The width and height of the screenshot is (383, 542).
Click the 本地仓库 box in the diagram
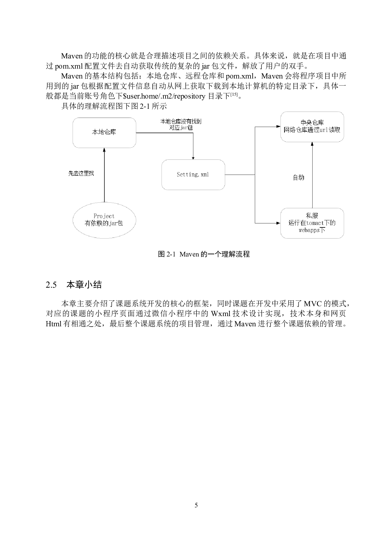tap(104, 133)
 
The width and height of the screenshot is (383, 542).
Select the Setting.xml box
tap(193, 175)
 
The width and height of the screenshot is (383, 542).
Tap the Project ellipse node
tap(104, 220)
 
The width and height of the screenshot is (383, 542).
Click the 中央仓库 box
tap(312, 127)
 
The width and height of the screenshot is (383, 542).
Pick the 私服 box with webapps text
tap(312, 223)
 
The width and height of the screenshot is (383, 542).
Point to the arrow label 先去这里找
tap(81, 173)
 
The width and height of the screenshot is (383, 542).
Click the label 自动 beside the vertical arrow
tap(299, 177)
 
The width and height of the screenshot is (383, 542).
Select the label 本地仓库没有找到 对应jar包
tap(181, 124)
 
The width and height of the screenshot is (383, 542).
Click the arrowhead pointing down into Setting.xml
tap(193, 158)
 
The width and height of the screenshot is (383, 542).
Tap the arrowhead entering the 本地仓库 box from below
tap(104, 150)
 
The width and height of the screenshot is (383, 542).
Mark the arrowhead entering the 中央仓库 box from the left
tap(278, 127)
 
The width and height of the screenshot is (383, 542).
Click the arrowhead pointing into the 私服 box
tap(278, 223)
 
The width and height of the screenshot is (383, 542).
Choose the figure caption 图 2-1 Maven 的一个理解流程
tap(204, 254)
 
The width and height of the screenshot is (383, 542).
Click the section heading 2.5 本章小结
tap(74, 285)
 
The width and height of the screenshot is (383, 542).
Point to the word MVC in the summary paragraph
tap(313, 303)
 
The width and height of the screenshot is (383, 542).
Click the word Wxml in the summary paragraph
tap(221, 314)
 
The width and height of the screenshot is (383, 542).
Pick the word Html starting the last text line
tap(53, 324)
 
